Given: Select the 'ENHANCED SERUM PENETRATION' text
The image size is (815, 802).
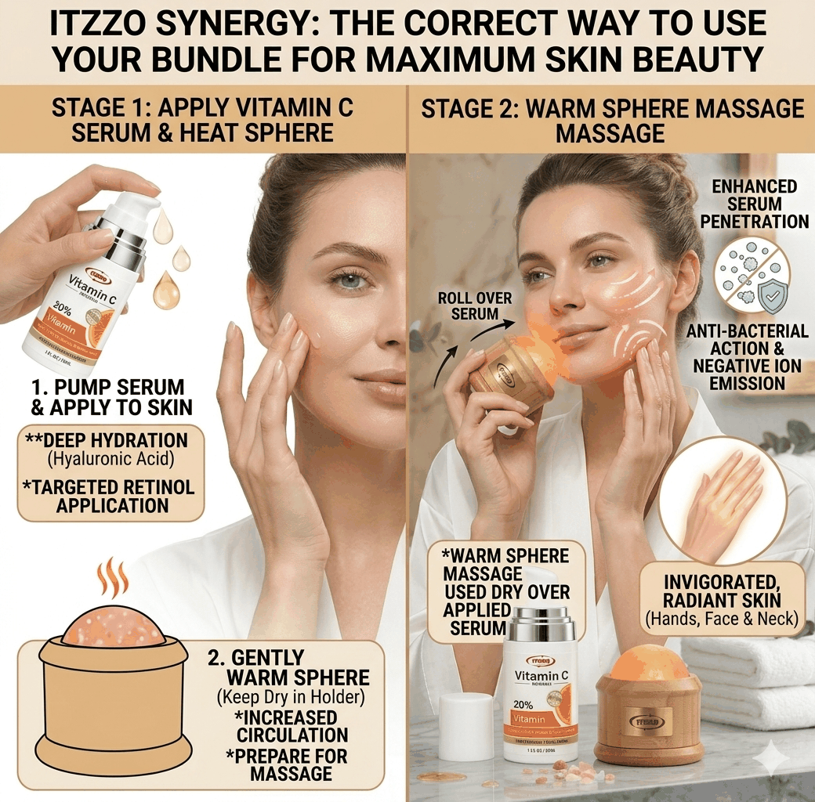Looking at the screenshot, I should [x=754, y=204].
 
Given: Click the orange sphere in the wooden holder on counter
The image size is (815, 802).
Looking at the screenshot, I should [x=649, y=664].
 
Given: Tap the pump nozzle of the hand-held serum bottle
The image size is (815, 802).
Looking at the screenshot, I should [x=144, y=202].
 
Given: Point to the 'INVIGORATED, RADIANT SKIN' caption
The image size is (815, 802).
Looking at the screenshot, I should [x=721, y=592].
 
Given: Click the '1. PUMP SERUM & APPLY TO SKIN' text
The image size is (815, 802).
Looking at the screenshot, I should [x=107, y=397].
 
